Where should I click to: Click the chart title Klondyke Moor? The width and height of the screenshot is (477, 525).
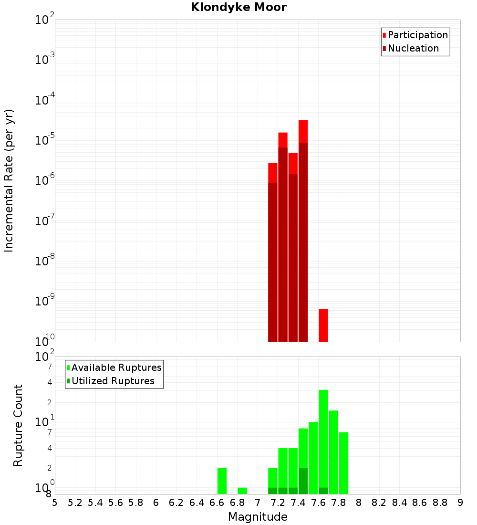pos(238,7)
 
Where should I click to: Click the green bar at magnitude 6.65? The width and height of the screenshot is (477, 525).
pos(222,481)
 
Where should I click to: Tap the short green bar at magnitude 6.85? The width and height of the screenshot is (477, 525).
pos(242,491)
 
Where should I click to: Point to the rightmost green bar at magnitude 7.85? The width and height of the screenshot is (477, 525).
pos(344,463)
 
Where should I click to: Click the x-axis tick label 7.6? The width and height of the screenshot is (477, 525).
pos(319,503)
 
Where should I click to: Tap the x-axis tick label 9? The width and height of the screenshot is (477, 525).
pos(460,503)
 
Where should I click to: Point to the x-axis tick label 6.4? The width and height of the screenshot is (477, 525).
pos(197,503)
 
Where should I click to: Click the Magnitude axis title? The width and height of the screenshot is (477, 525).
pos(258,517)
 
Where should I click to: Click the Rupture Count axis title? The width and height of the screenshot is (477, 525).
pos(18,425)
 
